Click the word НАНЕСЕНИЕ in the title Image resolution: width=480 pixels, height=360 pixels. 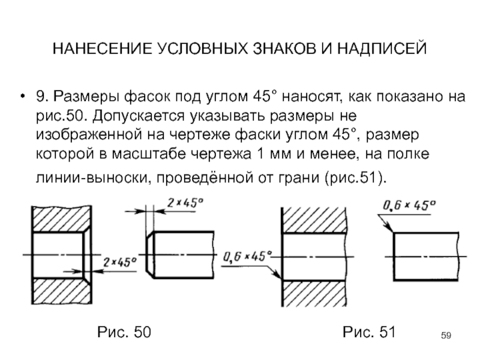[x=102, y=49]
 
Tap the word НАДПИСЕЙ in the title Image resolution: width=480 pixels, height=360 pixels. [x=382, y=49]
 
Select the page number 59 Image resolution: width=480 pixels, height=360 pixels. [x=446, y=335]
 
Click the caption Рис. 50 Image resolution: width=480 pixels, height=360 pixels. [x=124, y=332]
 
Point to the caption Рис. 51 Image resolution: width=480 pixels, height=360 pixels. [x=369, y=332]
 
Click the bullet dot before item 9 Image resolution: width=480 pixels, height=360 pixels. [x=22, y=97]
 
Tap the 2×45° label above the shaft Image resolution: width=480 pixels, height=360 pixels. [x=185, y=203]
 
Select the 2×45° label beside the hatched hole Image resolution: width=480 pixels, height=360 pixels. [x=119, y=262]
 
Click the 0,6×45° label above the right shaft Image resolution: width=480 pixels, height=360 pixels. [x=409, y=205]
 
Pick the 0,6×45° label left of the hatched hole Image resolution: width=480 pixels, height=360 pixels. [x=247, y=256]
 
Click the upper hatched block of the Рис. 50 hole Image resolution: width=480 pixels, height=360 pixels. [x=61, y=220]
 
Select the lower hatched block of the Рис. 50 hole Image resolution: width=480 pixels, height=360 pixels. [x=61, y=291]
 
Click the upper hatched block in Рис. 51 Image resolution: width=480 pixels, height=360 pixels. [x=314, y=220]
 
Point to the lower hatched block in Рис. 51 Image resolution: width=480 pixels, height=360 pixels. [x=314, y=293]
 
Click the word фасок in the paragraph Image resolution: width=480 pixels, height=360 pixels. [x=148, y=97]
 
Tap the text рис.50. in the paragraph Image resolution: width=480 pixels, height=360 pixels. [x=59, y=116]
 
